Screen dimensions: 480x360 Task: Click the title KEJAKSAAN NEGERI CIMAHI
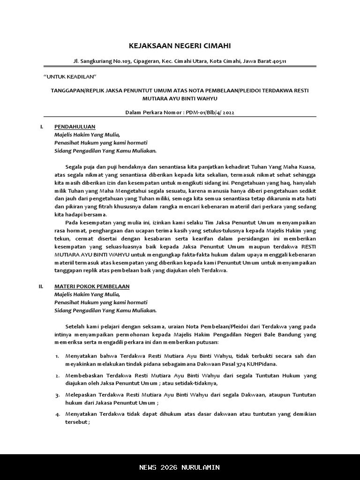[180, 45]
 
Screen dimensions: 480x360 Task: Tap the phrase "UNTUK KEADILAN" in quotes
[69, 76]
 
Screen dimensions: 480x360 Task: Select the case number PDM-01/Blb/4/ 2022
[210, 112]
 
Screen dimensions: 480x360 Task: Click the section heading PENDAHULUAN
[75, 127]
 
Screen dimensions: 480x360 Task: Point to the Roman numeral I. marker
[42, 127]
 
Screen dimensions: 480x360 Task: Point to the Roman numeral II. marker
[41, 286]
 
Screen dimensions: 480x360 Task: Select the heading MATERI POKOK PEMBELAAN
[92, 286]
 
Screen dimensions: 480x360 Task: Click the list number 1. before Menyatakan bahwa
[57, 356]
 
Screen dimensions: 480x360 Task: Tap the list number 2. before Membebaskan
[57, 375]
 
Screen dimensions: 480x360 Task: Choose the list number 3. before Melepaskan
[57, 395]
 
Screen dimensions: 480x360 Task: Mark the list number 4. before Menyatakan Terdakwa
[57, 414]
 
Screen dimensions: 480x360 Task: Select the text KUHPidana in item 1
[263, 364]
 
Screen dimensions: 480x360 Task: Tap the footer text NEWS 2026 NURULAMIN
[180, 467]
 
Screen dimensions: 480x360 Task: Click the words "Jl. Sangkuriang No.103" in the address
[97, 61]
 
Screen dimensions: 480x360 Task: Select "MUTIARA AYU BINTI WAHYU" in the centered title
[180, 98]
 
